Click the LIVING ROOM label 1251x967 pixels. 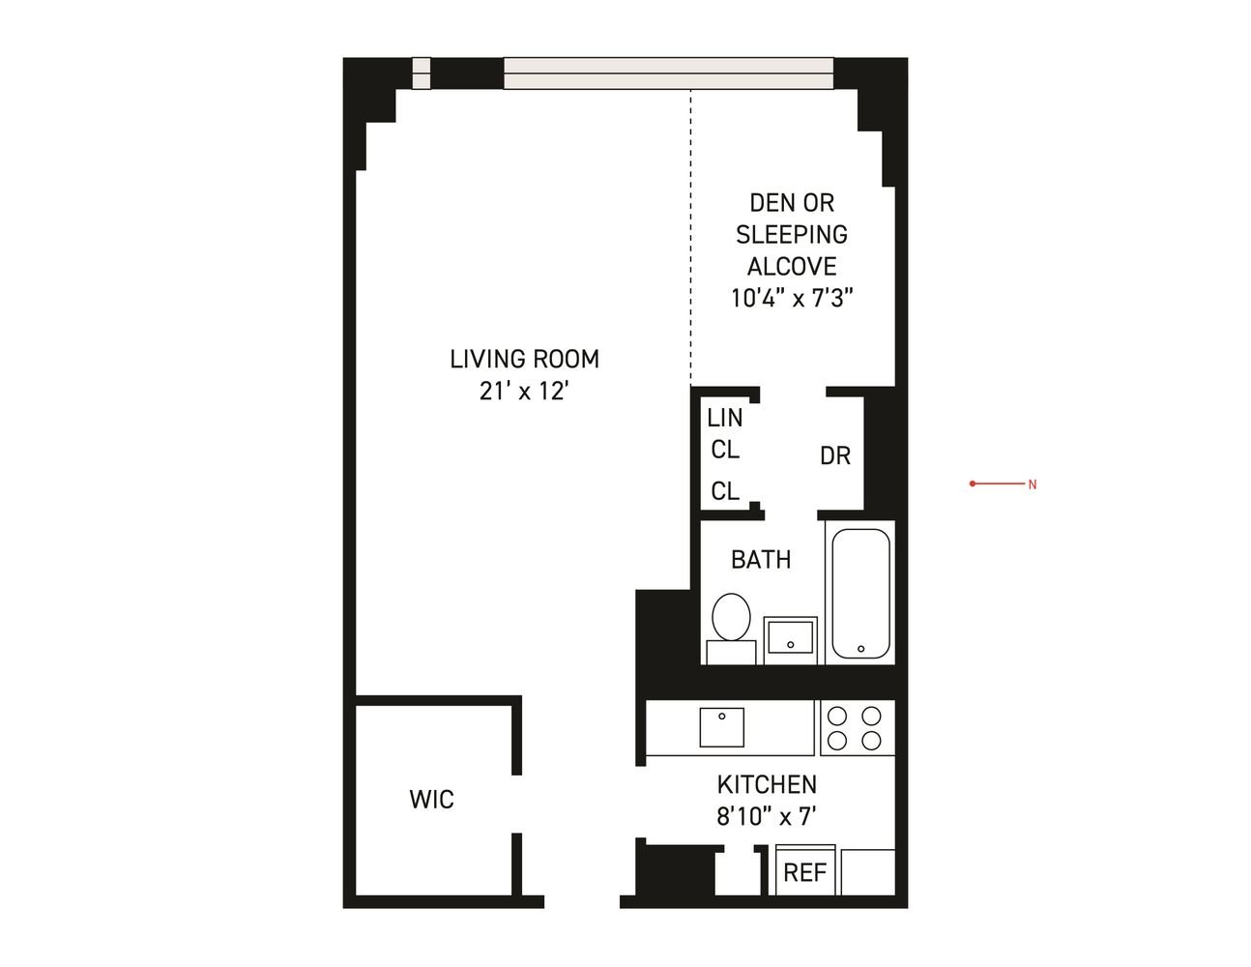[524, 359]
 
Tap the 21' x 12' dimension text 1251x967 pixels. [524, 392]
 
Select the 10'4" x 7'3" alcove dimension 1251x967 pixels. [792, 298]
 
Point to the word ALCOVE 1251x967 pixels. [792, 267]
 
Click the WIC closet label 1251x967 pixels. [431, 800]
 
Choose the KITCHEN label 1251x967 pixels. [767, 784]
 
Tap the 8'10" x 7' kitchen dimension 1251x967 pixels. [767, 816]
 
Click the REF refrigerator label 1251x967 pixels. [804, 872]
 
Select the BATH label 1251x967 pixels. [761, 560]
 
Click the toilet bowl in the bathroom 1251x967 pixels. [731, 617]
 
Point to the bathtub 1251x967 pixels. [860, 593]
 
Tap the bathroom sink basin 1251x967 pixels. [791, 640]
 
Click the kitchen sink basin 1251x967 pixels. [721, 727]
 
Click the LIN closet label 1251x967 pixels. [725, 418]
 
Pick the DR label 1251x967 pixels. [834, 455]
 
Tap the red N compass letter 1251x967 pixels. [1033, 484]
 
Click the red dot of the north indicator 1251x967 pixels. [973, 483]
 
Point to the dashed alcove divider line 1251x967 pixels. [691, 236]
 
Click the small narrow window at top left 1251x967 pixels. [422, 73]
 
